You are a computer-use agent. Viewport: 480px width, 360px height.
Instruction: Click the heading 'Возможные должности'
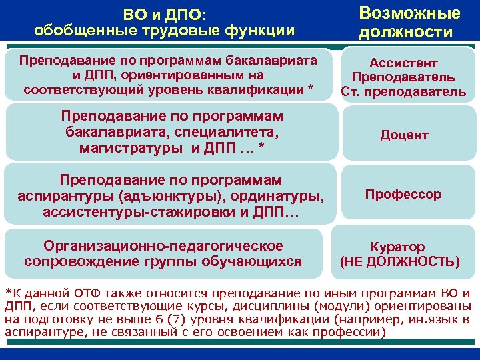pos(409,23)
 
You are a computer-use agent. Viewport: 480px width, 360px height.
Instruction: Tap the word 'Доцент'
pos(404,135)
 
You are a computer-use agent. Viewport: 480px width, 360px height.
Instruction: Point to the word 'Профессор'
pos(403,195)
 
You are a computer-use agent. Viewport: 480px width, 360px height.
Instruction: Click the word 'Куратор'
pos(398,247)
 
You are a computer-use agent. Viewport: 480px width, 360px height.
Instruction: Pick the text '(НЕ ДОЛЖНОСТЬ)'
pos(399,261)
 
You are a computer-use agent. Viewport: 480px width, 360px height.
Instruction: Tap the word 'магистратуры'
pos(131,147)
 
